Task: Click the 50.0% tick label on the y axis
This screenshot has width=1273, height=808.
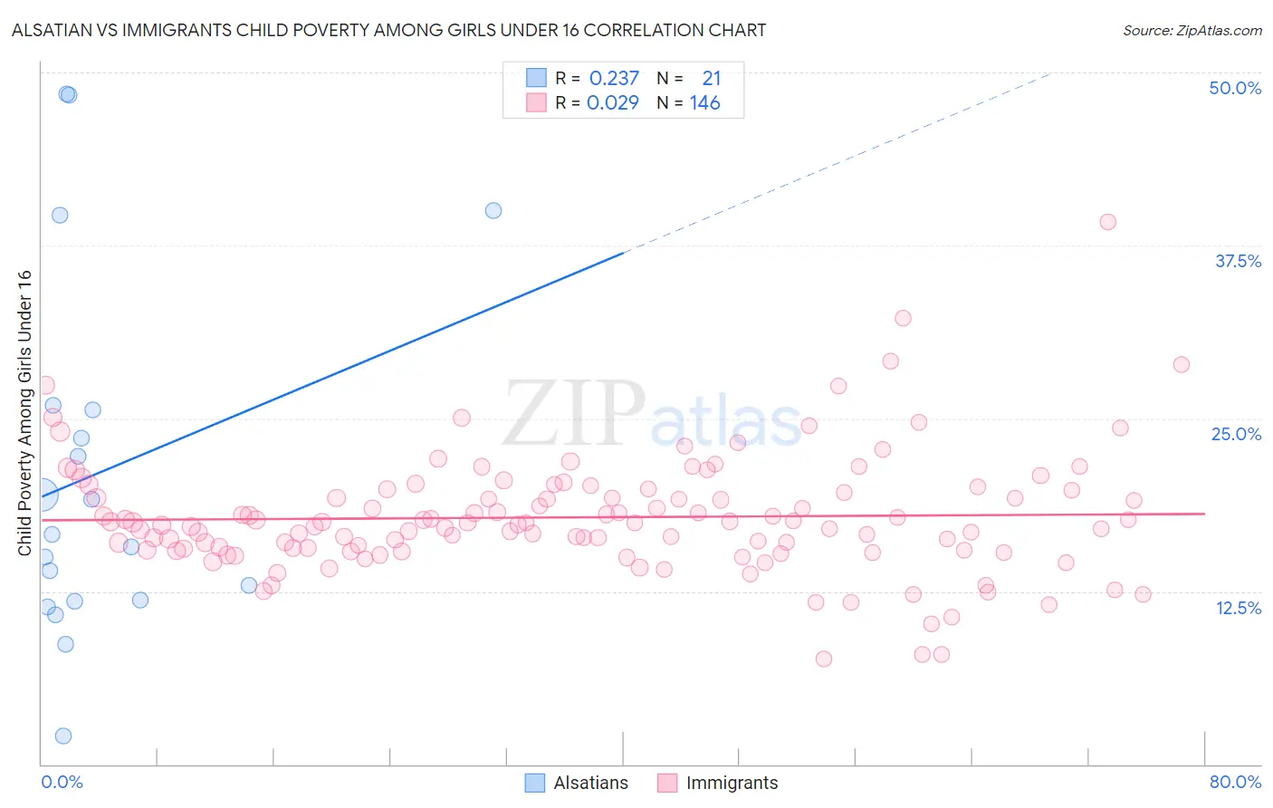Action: pos(1235,88)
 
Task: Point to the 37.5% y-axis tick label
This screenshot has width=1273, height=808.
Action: pos(1238,261)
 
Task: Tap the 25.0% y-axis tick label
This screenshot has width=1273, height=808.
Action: pos(1236,434)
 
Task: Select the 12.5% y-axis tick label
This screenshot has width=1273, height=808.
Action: pos(1238,608)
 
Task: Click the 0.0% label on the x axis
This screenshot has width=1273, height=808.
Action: pos(62,782)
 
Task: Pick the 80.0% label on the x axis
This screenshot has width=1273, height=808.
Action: pos(1235,782)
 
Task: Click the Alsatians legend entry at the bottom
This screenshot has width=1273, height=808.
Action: pos(590,783)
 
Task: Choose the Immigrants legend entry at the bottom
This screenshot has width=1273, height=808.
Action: pos(732,783)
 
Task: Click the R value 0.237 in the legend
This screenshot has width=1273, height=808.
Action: pos(614,79)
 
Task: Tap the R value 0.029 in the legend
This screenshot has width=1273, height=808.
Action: pos(613,103)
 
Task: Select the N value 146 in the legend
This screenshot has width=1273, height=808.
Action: pos(704,103)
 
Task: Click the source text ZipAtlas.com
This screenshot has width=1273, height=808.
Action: pos(1192,30)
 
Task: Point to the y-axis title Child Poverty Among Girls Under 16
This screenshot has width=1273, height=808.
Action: pos(24,413)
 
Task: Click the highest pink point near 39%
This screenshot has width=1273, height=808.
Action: pos(1107,222)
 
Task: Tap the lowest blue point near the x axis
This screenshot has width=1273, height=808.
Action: pos(63,736)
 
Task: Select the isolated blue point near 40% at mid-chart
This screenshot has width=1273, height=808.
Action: pos(493,210)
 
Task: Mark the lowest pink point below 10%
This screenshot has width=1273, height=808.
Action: pos(823,659)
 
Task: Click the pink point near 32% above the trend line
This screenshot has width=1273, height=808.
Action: pos(903,318)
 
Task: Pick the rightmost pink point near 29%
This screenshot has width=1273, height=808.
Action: pos(1181,364)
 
